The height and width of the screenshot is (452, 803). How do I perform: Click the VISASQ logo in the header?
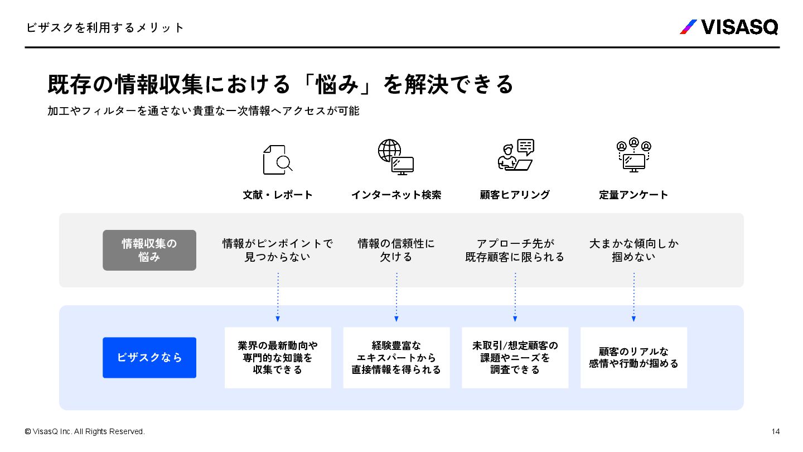tap(729, 27)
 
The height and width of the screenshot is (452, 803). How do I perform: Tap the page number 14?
tap(775, 431)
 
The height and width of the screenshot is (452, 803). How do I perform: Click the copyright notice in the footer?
tap(85, 431)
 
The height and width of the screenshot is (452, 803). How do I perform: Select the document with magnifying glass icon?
tap(278, 160)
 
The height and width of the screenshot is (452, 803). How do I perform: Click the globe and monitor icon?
tap(396, 157)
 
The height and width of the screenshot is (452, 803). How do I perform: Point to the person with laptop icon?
tap(515, 155)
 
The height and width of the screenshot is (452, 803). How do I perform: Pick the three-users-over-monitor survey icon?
tap(634, 155)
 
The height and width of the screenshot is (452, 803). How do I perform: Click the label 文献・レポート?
tap(278, 195)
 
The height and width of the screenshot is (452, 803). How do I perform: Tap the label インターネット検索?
tap(396, 195)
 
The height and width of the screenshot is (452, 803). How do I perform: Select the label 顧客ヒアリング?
tap(515, 195)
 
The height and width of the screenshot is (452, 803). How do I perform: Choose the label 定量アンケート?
tap(633, 195)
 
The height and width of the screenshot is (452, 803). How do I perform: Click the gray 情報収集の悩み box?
tap(149, 250)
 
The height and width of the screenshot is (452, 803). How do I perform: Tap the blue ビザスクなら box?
tap(149, 357)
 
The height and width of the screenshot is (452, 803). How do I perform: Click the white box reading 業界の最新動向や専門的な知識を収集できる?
tap(278, 358)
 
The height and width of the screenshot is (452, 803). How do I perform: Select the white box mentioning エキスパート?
tap(396, 358)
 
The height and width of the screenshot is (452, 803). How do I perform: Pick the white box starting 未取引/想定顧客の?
tap(515, 358)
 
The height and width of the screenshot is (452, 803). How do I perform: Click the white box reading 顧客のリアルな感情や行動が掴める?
tap(634, 358)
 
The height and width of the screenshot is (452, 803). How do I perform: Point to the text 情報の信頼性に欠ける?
tap(396, 250)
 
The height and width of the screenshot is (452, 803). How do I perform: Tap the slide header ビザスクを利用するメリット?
tap(105, 28)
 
